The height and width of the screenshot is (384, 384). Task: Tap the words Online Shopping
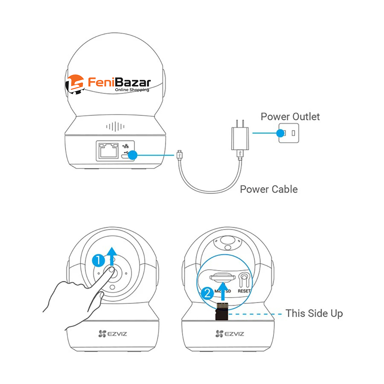click(x=132, y=90)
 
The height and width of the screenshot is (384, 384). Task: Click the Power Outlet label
click(x=290, y=117)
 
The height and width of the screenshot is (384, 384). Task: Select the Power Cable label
click(x=269, y=189)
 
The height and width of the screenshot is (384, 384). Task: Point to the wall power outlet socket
click(x=289, y=133)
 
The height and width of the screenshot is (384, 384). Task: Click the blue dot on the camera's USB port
click(x=133, y=155)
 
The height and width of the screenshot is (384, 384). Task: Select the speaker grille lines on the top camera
click(x=116, y=127)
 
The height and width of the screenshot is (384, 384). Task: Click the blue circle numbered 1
click(x=98, y=261)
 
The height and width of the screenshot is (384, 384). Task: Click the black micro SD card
click(x=222, y=311)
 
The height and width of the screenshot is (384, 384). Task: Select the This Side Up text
click(x=314, y=313)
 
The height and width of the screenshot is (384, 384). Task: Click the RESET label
click(x=244, y=291)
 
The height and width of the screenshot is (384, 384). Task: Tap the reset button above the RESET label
click(x=244, y=279)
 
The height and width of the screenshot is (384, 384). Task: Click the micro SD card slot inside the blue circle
click(x=222, y=277)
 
